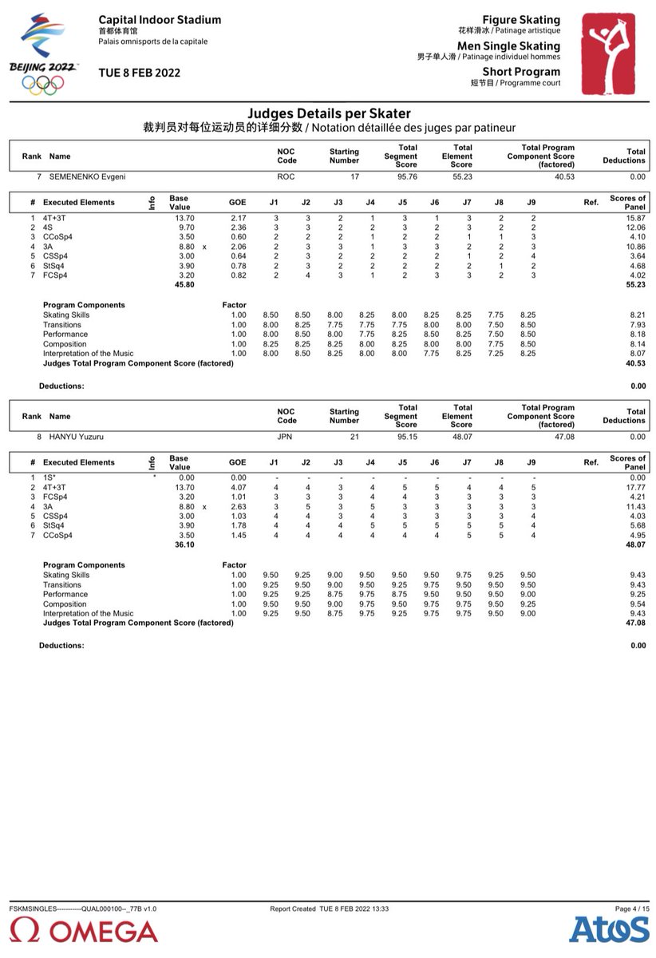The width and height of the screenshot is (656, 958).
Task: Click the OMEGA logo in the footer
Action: tap(85, 930)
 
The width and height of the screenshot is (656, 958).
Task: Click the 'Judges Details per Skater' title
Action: tap(329, 114)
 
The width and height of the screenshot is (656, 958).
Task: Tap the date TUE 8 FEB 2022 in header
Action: tap(140, 73)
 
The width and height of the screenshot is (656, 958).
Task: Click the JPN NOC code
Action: tap(285, 437)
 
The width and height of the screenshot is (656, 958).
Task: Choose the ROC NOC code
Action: tap(285, 176)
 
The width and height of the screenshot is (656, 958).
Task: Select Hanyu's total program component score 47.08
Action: tap(564, 437)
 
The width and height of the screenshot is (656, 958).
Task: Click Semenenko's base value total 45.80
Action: tap(173, 285)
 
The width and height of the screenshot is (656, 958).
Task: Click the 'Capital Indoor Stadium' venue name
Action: tap(160, 19)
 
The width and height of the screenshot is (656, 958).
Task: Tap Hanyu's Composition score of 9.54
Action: tap(636, 604)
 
